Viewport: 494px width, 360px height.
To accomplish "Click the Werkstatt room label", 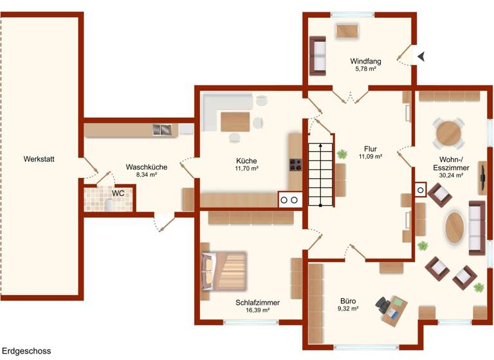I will (38, 159).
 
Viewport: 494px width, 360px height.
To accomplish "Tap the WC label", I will (118, 193).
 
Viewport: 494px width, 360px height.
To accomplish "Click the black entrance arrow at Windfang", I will (421, 57).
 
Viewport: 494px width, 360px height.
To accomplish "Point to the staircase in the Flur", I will (322, 173).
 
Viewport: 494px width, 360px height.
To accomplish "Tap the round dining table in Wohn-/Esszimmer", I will (448, 133).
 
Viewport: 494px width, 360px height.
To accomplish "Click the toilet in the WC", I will (110, 205).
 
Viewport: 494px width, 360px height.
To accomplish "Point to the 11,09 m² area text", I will (370, 156).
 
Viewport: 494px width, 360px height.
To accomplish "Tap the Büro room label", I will (348, 300).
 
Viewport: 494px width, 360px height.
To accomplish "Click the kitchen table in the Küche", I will (235, 122).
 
